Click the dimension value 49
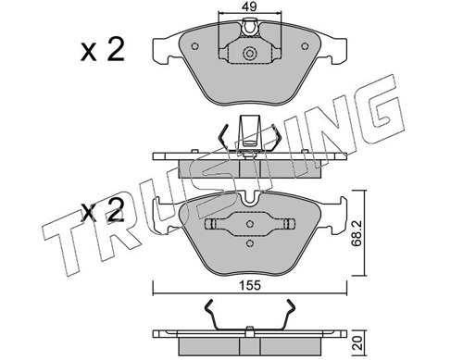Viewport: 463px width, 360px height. pyautogui.click(x=249, y=6)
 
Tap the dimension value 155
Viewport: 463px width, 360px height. pyautogui.click(x=250, y=286)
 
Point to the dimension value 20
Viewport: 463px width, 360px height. pyautogui.click(x=357, y=342)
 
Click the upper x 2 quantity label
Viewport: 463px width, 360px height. pyautogui.click(x=103, y=50)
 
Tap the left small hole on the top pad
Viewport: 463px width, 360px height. pyautogui.click(x=194, y=46)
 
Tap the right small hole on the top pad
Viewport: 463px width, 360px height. pyautogui.click(x=305, y=46)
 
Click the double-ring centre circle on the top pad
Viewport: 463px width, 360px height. pyautogui.click(x=250, y=54)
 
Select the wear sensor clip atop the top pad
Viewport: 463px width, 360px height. pyautogui.click(x=250, y=28)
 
